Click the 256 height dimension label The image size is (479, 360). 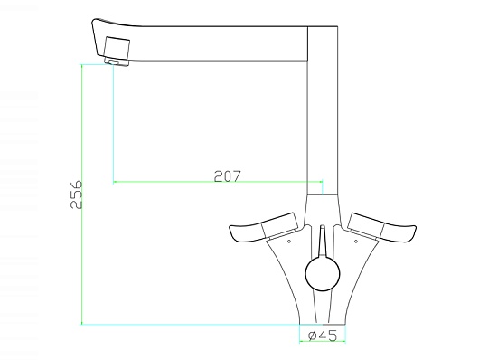point(76,194)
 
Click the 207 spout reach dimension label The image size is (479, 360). point(227,176)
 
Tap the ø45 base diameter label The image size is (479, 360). point(323,336)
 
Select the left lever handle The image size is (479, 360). point(263,227)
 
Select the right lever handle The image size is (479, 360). point(382,227)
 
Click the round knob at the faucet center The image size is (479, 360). point(323,273)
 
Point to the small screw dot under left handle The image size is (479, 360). point(289,242)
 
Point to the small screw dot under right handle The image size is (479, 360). point(356,242)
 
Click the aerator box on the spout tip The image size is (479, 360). point(117,48)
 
